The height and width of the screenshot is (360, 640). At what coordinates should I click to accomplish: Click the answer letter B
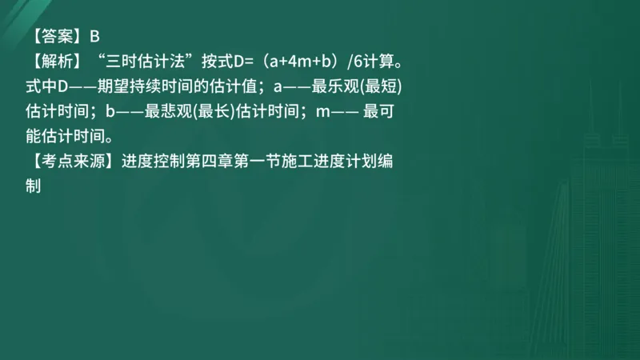click(94, 36)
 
